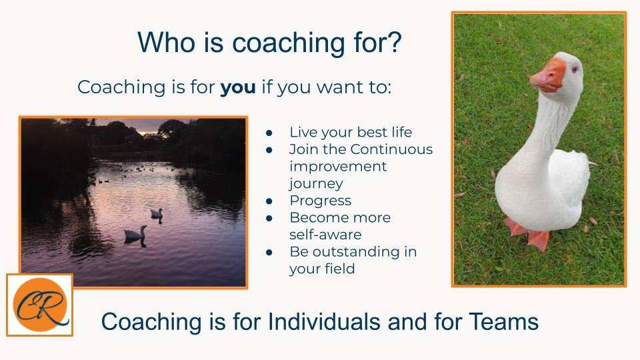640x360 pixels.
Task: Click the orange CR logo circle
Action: [40, 305]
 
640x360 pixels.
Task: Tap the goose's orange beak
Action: [548, 75]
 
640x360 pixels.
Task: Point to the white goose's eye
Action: [575, 69]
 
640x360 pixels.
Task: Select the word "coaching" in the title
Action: [288, 43]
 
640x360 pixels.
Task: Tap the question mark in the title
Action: [395, 41]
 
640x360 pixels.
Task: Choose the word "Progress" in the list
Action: [321, 201]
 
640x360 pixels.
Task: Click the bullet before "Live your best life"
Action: [269, 133]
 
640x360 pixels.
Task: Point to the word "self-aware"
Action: [325, 235]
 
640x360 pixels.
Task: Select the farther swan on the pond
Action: [157, 213]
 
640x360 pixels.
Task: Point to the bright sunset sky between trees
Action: [148, 127]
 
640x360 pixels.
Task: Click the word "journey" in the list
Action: [316, 184]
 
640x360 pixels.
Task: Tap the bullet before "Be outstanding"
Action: [269, 253]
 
